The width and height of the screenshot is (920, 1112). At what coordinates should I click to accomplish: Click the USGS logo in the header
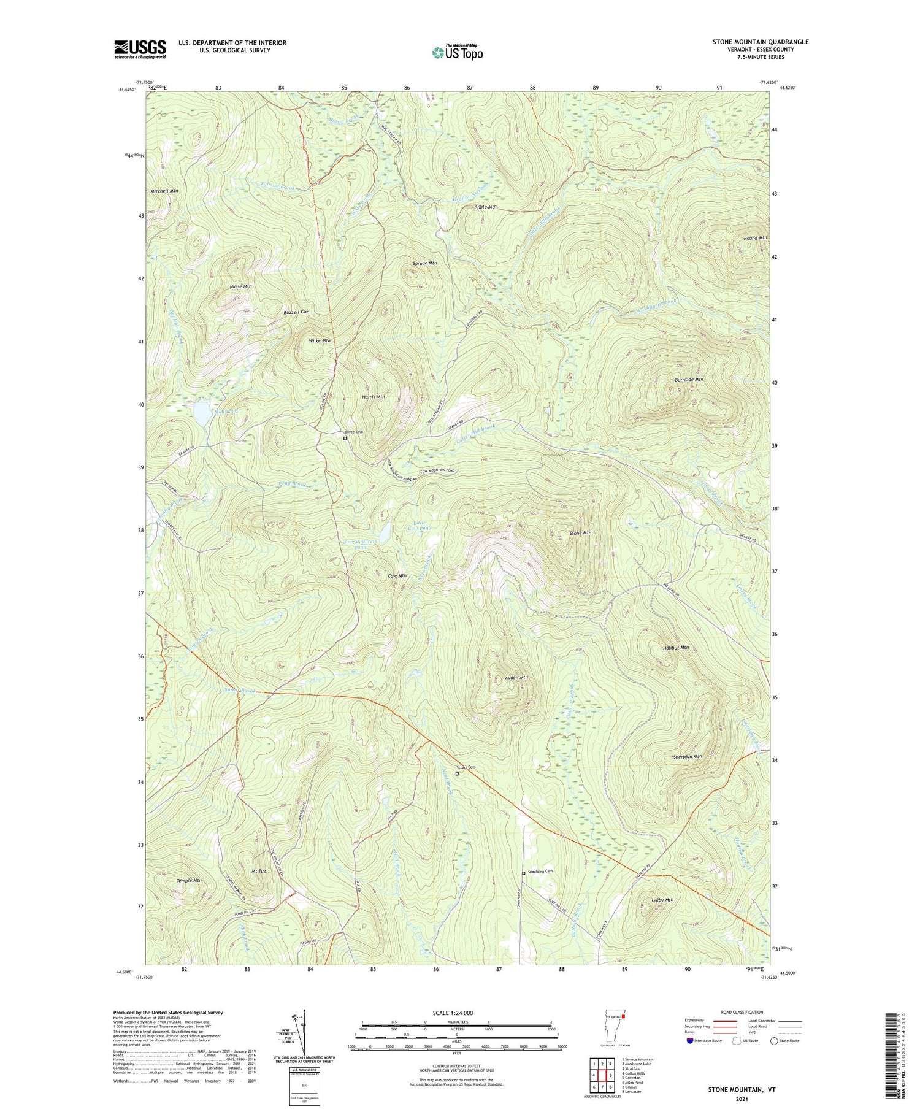click(x=140, y=49)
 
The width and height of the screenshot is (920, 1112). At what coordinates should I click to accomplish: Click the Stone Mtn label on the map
click(x=580, y=533)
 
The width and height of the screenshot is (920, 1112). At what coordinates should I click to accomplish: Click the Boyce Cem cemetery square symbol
click(x=345, y=438)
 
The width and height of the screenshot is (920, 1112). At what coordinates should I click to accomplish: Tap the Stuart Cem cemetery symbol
click(x=457, y=773)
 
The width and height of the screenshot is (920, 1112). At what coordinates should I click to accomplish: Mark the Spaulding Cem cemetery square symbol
click(x=523, y=873)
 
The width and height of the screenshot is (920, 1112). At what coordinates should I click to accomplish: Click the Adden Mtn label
click(x=516, y=678)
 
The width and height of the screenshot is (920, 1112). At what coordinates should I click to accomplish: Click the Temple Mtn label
click(x=189, y=881)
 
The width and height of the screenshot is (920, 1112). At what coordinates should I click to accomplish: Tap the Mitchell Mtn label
click(x=164, y=191)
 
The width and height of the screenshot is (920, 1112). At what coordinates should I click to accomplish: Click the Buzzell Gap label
click(x=296, y=312)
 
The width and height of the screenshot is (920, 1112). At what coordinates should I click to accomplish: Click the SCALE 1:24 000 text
click(x=457, y=1013)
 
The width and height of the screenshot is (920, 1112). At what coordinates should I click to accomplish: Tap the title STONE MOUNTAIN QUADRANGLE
click(x=760, y=42)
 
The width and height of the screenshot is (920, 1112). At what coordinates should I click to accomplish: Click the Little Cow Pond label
click(x=420, y=525)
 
